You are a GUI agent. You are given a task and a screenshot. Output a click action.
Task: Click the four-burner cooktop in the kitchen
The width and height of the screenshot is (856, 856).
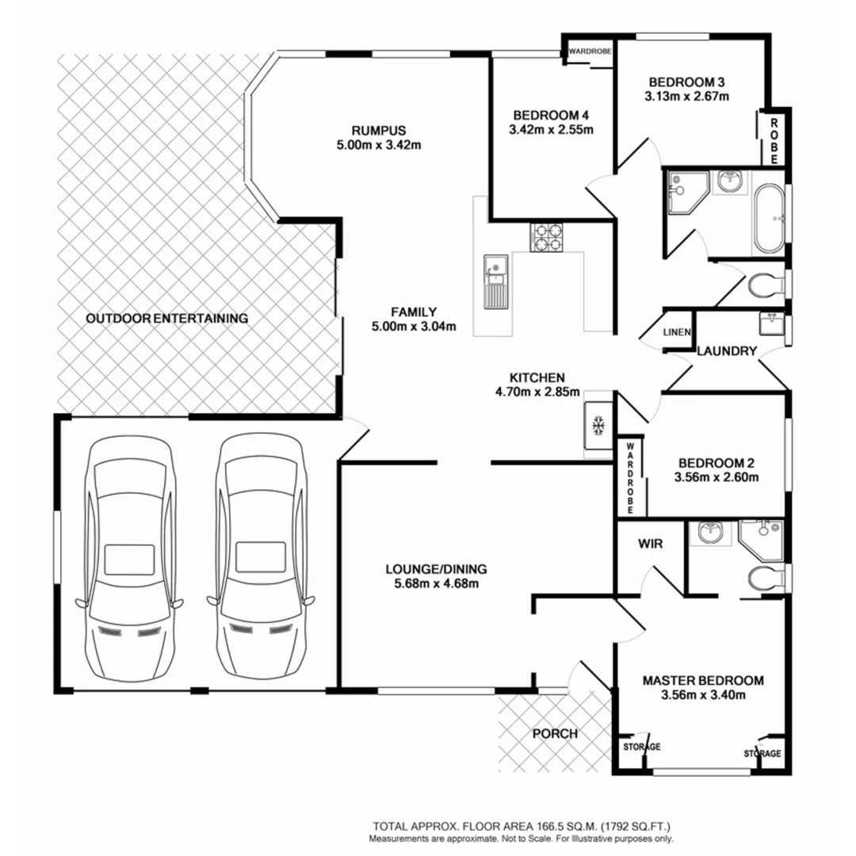548,236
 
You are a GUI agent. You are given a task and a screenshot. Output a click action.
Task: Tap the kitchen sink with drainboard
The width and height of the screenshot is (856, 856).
495,281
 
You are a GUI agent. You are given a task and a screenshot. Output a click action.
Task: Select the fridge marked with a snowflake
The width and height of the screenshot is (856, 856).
599,426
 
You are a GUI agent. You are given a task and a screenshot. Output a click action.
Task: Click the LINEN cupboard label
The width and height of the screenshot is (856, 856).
677,333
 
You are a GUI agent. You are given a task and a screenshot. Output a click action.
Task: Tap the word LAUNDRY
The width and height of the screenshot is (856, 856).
728,351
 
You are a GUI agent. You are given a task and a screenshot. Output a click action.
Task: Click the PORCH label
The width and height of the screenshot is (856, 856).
554,733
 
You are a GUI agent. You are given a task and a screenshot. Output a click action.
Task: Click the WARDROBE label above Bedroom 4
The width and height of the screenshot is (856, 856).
590,52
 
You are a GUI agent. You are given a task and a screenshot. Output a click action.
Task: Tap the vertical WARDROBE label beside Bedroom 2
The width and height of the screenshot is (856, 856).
632,478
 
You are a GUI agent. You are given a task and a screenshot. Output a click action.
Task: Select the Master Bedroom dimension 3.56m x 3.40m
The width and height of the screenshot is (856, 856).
702,695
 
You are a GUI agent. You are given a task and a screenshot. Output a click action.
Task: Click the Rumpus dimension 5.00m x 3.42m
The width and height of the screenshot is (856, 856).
378,144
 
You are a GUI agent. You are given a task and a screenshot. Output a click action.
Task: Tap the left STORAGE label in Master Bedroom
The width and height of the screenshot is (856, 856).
640,747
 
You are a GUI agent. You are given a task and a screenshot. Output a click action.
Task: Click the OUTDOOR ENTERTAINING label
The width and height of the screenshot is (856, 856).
166,319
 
